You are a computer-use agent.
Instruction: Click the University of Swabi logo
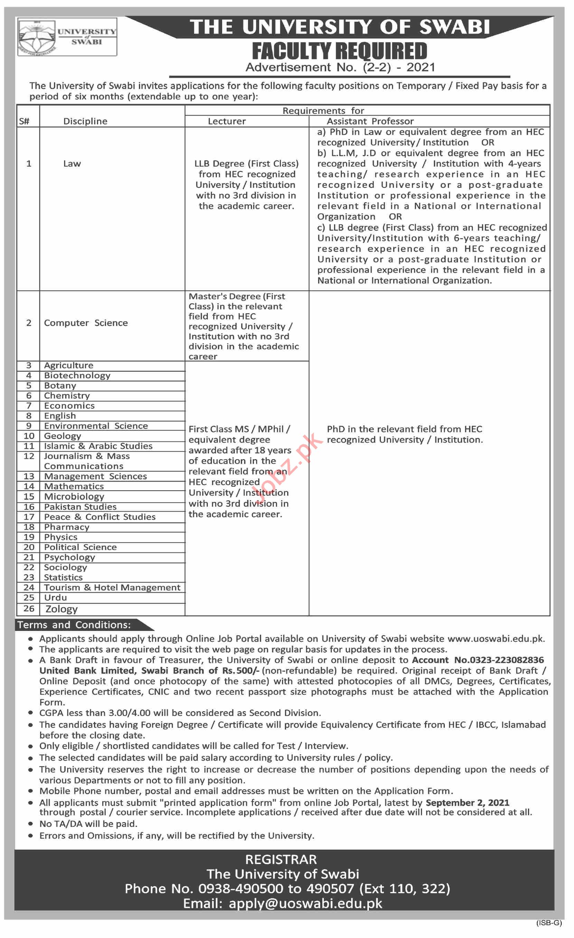pyautogui.click(x=67, y=37)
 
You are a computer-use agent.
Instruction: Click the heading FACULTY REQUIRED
pyautogui.click(x=339, y=51)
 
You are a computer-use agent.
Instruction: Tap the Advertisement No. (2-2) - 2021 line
pyautogui.click(x=340, y=67)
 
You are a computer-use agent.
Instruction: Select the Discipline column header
pyautogui.click(x=85, y=121)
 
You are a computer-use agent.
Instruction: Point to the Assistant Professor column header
pyautogui.click(x=370, y=121)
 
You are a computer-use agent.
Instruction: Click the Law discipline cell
pyautogui.click(x=72, y=164)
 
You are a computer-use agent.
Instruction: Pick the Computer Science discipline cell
pyautogui.click(x=86, y=323)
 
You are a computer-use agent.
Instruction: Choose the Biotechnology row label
pyautogui.click(x=77, y=376)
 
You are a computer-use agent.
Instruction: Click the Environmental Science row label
pyautogui.click(x=96, y=426)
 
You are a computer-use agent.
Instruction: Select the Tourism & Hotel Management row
pyautogui.click(x=112, y=588)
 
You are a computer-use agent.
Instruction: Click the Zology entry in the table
pyautogui.click(x=61, y=609)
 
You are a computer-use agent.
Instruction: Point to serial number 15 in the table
pyautogui.click(x=29, y=497)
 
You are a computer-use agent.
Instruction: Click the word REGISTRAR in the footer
pyautogui.click(x=281, y=860)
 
